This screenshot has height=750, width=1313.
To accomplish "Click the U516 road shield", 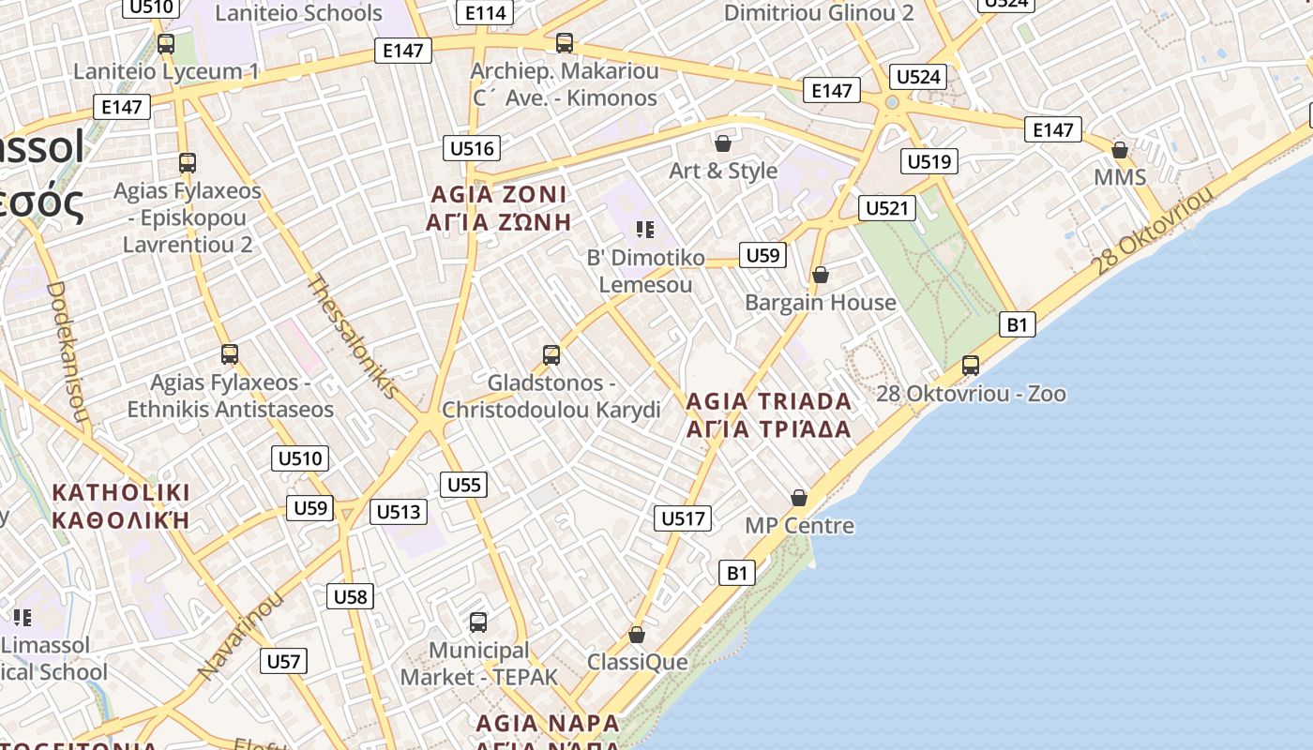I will pos(472,148).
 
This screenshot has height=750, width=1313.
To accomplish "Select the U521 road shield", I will pos(886,207).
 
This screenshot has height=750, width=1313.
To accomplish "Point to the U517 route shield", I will pos(684,518).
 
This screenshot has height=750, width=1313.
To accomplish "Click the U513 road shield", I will pos(399,512).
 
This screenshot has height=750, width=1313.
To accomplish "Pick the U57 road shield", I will pos(283,661).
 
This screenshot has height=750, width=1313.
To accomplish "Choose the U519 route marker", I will pos(928,161).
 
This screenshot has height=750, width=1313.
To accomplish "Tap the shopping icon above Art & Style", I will pos(723,143).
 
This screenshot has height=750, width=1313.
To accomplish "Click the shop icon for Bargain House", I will pos(821,275).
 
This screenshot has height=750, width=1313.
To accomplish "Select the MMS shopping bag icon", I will pos(1119,150).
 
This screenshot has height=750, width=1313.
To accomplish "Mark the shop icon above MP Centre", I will pos(799,498).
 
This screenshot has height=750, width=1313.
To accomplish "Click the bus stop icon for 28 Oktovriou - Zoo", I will pos(971,365).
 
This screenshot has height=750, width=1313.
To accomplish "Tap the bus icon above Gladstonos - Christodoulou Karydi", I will pos(551,355).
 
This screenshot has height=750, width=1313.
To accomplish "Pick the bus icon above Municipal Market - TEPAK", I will pos(478,622).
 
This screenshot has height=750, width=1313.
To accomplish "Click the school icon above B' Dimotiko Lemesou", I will pos(644,230).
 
